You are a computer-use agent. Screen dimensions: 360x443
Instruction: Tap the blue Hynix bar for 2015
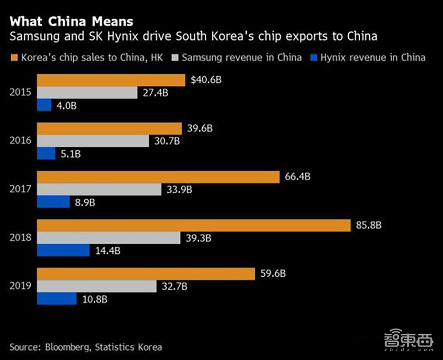coord(44,105)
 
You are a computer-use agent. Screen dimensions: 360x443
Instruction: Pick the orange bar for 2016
coord(109,129)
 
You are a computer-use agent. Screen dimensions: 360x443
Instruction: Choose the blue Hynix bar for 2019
coord(58,298)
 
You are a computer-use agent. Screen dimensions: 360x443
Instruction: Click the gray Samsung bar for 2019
coord(97,286)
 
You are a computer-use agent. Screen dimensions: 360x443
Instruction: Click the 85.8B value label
coord(369,225)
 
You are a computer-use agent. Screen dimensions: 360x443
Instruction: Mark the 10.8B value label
coord(94,298)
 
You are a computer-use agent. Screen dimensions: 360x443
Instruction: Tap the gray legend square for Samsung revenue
coord(175,58)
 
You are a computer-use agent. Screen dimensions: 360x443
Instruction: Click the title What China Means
coord(71,21)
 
